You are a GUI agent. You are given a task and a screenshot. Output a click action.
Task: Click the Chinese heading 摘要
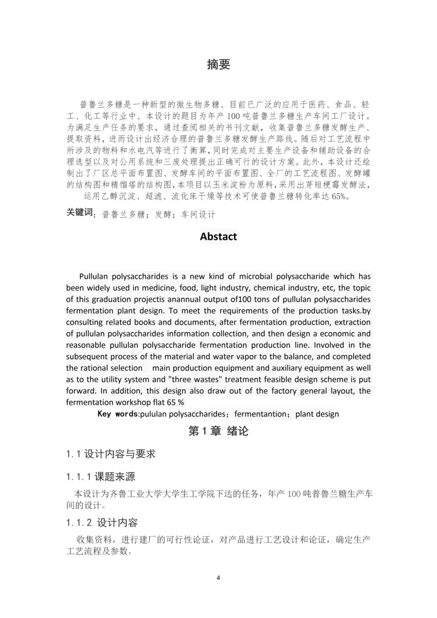218,64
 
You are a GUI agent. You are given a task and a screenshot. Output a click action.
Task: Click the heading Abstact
218,237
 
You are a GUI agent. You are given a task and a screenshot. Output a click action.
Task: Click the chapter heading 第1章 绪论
218,431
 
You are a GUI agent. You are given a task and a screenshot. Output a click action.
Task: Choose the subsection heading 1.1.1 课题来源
101,476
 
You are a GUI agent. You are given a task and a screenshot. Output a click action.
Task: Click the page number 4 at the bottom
218,578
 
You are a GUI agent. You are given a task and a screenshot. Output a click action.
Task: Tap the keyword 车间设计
198,215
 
